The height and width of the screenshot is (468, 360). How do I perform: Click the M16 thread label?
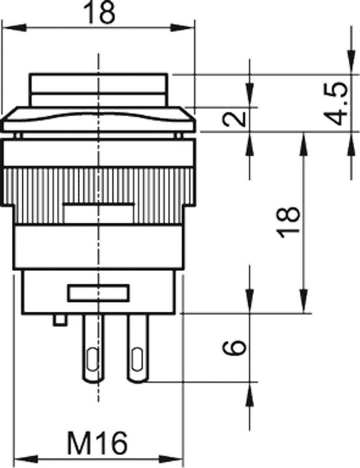(97, 445)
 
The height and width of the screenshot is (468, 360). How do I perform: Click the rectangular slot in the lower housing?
(99, 293)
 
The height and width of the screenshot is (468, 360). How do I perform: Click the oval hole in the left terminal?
(91, 359)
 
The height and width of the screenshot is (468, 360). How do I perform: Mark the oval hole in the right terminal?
(137, 359)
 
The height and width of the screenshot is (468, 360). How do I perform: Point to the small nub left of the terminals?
(60, 320)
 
